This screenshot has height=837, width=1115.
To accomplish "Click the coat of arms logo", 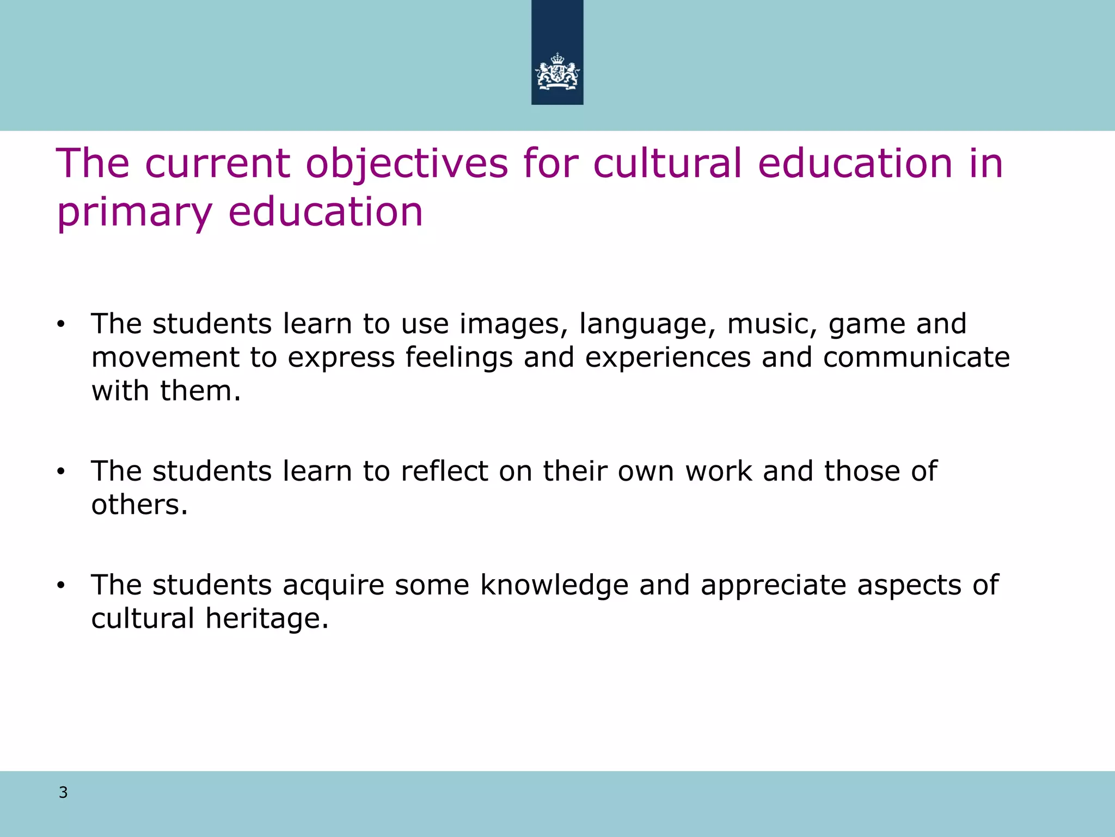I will [x=557, y=71].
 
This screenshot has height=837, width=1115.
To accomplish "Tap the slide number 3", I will [x=63, y=793].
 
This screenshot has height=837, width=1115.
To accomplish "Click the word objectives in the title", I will [x=406, y=164].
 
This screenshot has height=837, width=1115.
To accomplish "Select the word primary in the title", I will [x=134, y=213].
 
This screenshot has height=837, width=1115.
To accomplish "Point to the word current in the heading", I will [x=217, y=164].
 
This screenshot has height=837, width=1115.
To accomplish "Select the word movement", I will [x=165, y=358].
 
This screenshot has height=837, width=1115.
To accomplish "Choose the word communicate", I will [x=916, y=358].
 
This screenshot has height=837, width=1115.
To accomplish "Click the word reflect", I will [x=444, y=471].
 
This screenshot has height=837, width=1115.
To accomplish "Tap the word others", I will [x=139, y=505].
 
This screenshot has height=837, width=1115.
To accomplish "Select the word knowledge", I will [x=554, y=586].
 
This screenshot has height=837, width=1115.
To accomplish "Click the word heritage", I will [x=267, y=619].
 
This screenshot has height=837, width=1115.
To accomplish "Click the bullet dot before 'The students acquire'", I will [x=60, y=586].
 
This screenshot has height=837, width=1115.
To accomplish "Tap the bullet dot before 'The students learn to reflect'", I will [x=60, y=472].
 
